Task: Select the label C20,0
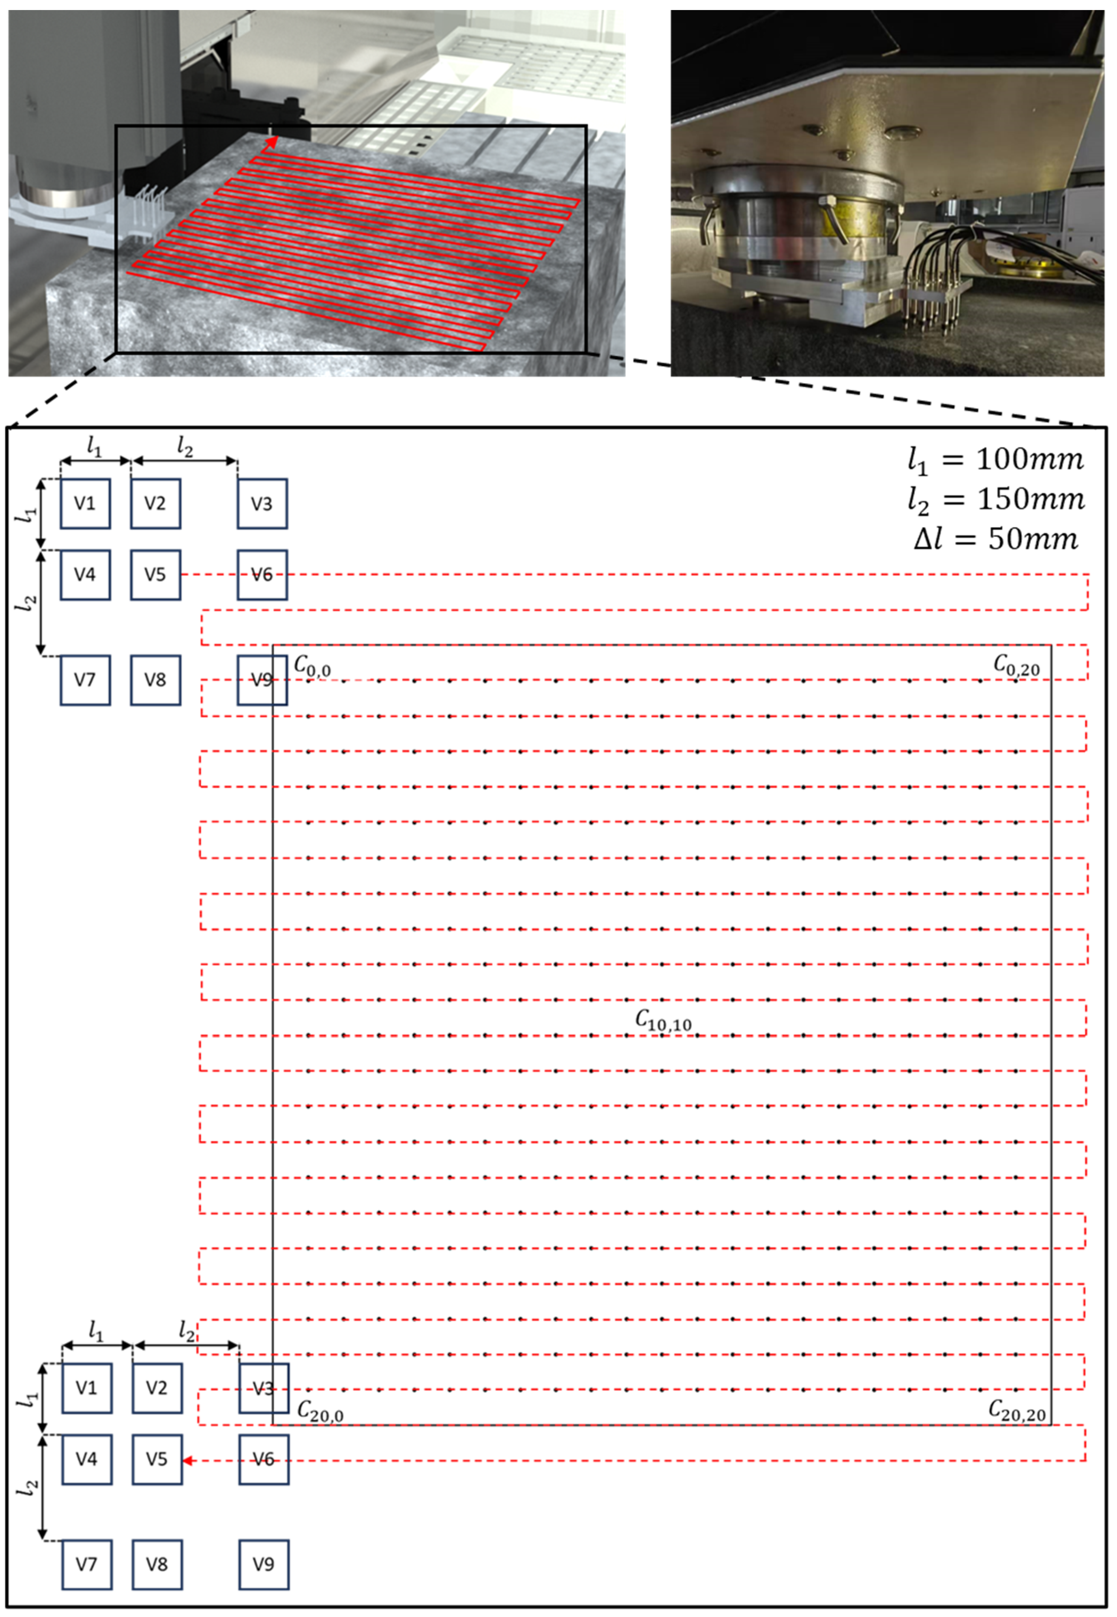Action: pyautogui.click(x=320, y=1411)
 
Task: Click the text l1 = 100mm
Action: pyautogui.click(x=995, y=460)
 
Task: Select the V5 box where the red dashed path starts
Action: pyautogui.click(x=155, y=574)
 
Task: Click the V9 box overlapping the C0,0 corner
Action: pyautogui.click(x=262, y=679)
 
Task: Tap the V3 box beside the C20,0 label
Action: pyautogui.click(x=263, y=1388)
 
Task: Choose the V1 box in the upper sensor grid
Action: pyautogui.click(x=85, y=503)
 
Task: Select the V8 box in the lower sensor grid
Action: pyautogui.click(x=157, y=1565)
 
